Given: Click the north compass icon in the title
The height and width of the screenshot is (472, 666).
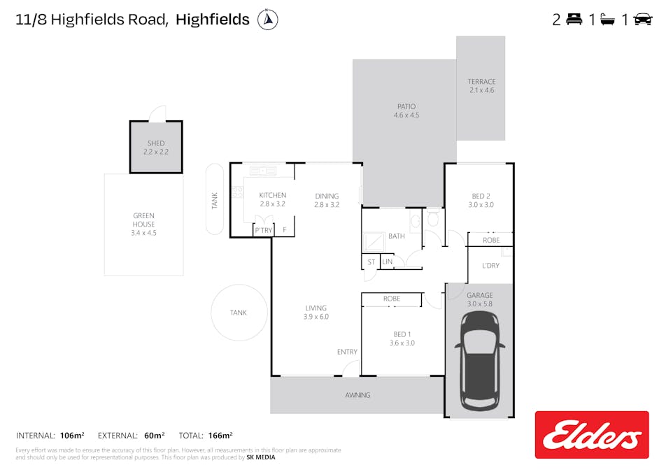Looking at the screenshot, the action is click(267, 20).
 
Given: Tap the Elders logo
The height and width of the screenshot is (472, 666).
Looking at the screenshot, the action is click(592, 435).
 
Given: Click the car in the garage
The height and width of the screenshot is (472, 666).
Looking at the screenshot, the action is click(480, 362).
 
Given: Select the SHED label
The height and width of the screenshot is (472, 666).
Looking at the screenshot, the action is click(156, 143).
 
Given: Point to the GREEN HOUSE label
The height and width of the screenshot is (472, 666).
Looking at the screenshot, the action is click(143, 220).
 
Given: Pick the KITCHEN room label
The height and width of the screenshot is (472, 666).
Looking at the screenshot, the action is click(273, 195).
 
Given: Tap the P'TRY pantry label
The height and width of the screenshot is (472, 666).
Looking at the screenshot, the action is click(263, 230).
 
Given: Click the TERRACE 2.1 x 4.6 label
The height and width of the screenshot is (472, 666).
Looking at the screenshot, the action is click(481, 86).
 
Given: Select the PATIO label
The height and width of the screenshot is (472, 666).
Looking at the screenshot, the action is click(406, 106).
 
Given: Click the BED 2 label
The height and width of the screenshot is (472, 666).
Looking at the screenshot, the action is click(481, 196).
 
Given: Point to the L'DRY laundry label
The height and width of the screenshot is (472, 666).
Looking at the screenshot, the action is click(490, 266).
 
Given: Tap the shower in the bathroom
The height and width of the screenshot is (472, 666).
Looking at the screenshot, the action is click(374, 243).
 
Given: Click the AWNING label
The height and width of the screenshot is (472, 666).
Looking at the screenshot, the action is click(357, 395).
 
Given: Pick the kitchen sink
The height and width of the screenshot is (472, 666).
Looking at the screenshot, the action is click(263, 171).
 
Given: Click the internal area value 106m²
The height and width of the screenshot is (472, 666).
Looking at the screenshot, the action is click(72, 436).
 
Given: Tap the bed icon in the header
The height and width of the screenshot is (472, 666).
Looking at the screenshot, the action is click(574, 20).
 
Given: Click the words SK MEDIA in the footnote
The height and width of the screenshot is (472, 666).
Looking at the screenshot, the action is click(261, 457).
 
